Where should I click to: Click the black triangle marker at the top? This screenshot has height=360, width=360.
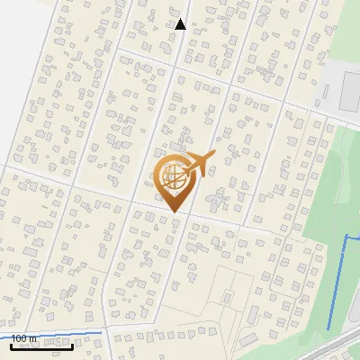(x=180, y=24)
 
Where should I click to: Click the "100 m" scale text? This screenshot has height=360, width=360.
(x=23, y=337)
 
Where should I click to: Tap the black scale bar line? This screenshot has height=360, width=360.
(x=41, y=346)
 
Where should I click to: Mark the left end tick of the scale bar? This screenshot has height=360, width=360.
(x=11, y=344)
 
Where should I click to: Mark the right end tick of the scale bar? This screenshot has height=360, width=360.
(x=72, y=344)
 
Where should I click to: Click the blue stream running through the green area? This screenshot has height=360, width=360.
(x=337, y=288)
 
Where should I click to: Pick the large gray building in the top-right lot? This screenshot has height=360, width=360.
(x=351, y=90)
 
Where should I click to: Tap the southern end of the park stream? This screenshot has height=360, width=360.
(x=328, y=328)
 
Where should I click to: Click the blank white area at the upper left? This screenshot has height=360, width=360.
(x=18, y=54)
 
